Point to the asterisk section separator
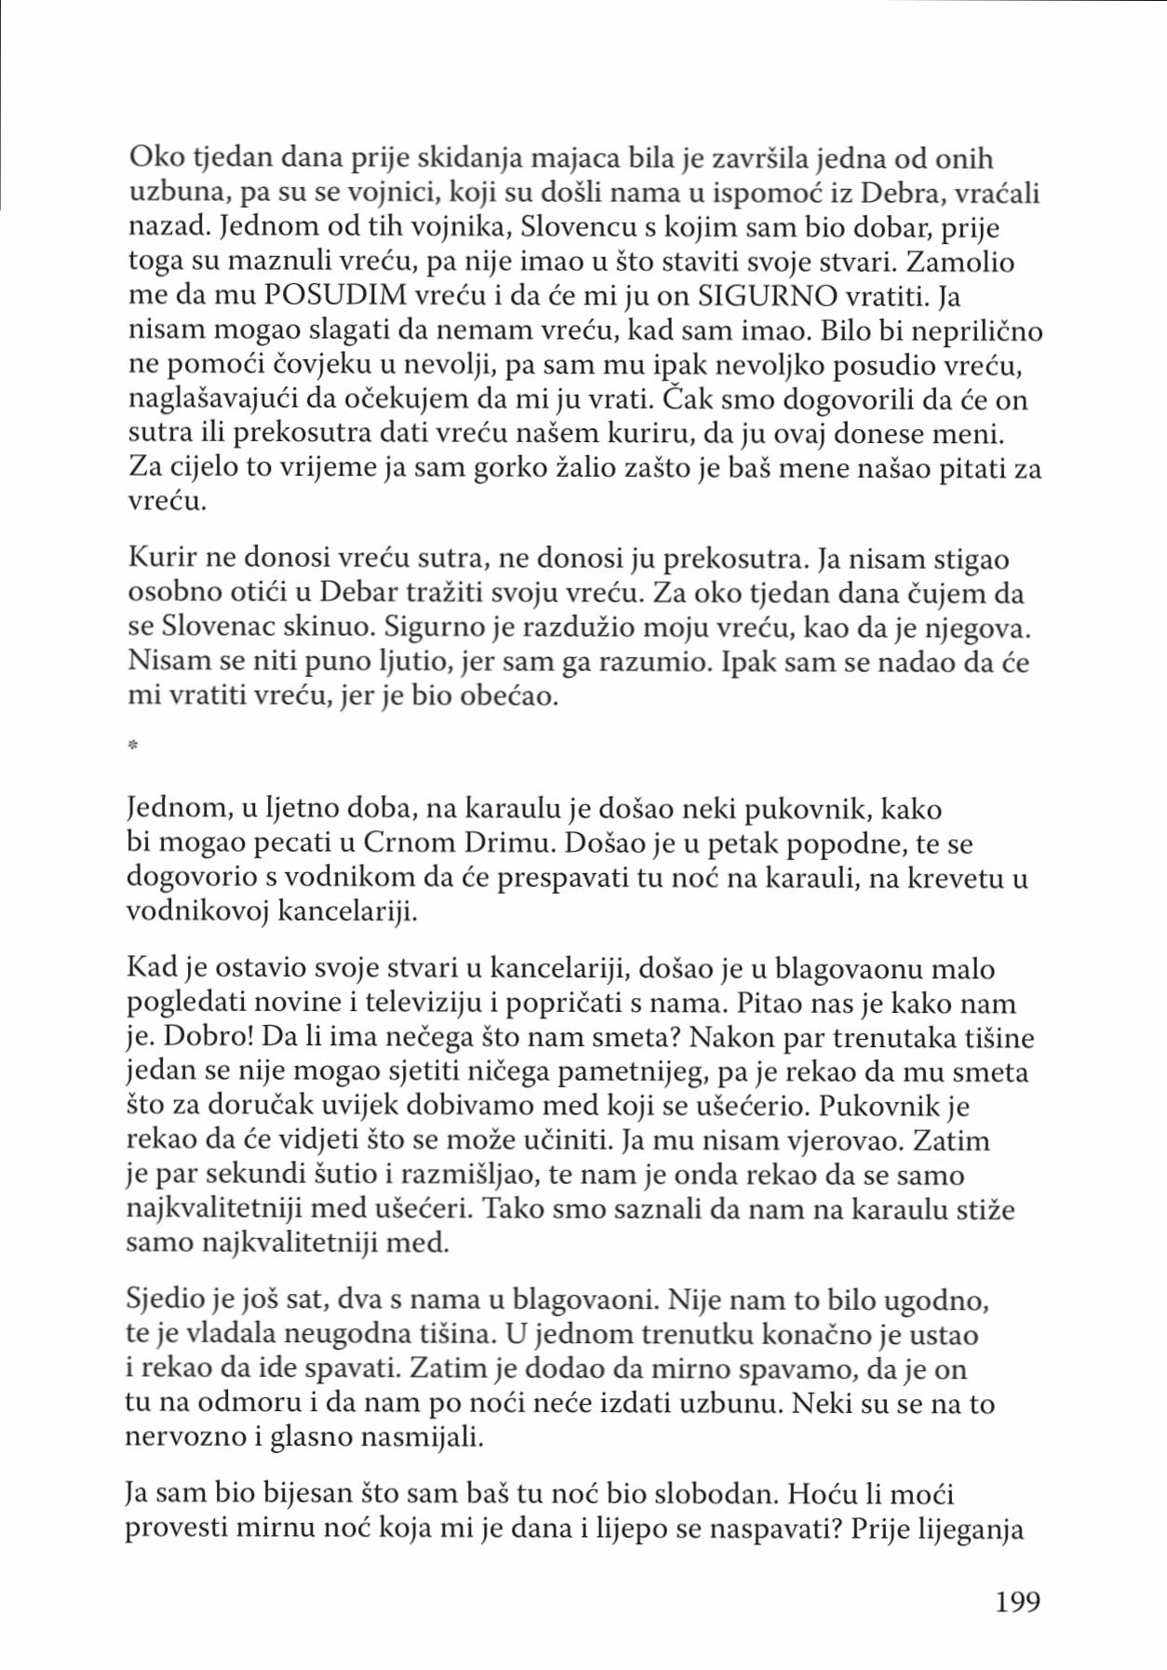pos(132,745)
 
